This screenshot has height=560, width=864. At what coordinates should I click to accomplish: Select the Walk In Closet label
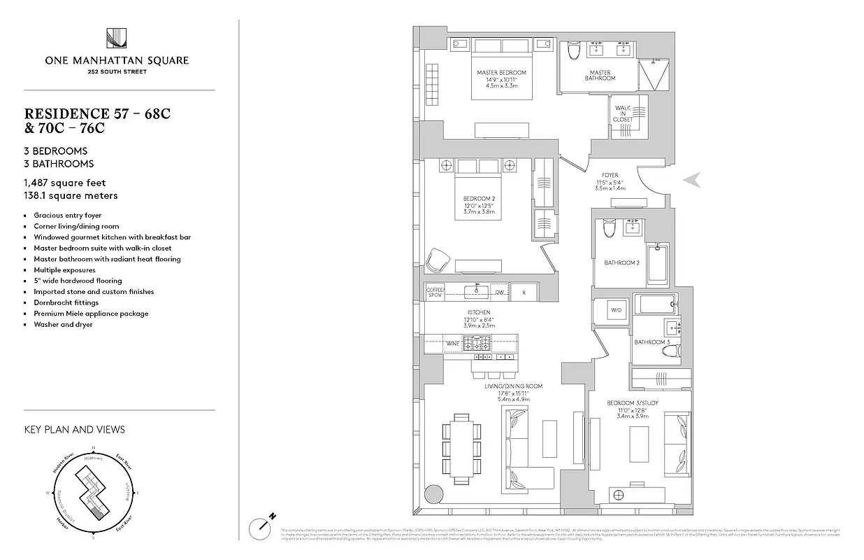623,113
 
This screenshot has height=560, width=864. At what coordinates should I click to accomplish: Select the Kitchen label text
479,312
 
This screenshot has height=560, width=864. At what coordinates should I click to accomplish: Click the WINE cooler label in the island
453,344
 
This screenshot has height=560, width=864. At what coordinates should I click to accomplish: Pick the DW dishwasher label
499,292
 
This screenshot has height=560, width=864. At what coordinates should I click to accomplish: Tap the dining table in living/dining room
461,445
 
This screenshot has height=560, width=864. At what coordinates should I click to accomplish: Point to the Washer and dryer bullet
63,325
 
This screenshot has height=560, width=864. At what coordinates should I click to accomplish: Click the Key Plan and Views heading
74,429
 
